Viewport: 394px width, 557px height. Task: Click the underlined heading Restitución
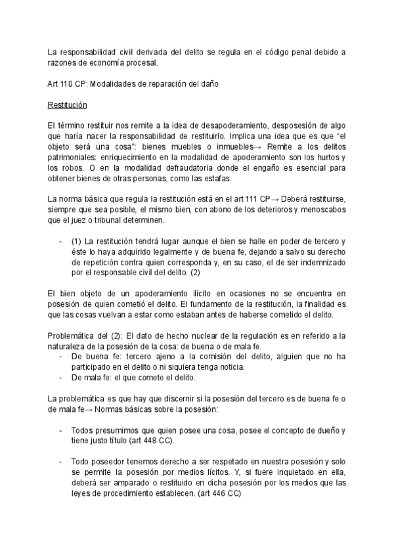click(68, 106)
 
